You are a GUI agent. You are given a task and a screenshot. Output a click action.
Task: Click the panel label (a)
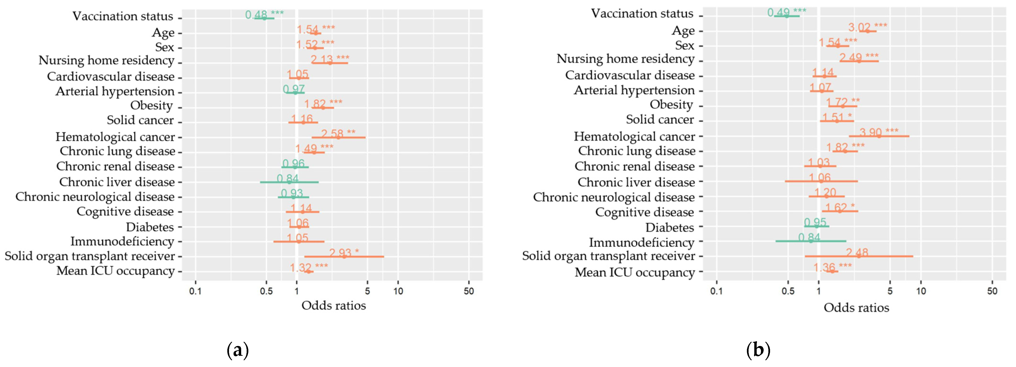click(238, 350)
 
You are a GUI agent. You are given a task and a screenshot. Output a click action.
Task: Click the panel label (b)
click(758, 350)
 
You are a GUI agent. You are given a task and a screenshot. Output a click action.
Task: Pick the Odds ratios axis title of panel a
click(334, 305)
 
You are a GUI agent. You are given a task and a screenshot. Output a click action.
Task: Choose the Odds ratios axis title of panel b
click(856, 308)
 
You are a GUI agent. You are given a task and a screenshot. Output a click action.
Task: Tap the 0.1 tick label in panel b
click(716, 291)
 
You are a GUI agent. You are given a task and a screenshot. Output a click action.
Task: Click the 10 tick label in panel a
click(398, 291)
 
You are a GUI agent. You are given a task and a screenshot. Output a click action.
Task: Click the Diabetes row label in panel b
click(670, 228)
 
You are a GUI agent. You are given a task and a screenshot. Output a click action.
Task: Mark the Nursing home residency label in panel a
click(106, 60)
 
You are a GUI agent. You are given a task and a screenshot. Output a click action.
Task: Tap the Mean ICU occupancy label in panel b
click(635, 272)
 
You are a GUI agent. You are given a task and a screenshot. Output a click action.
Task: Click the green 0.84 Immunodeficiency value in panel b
click(809, 237)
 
